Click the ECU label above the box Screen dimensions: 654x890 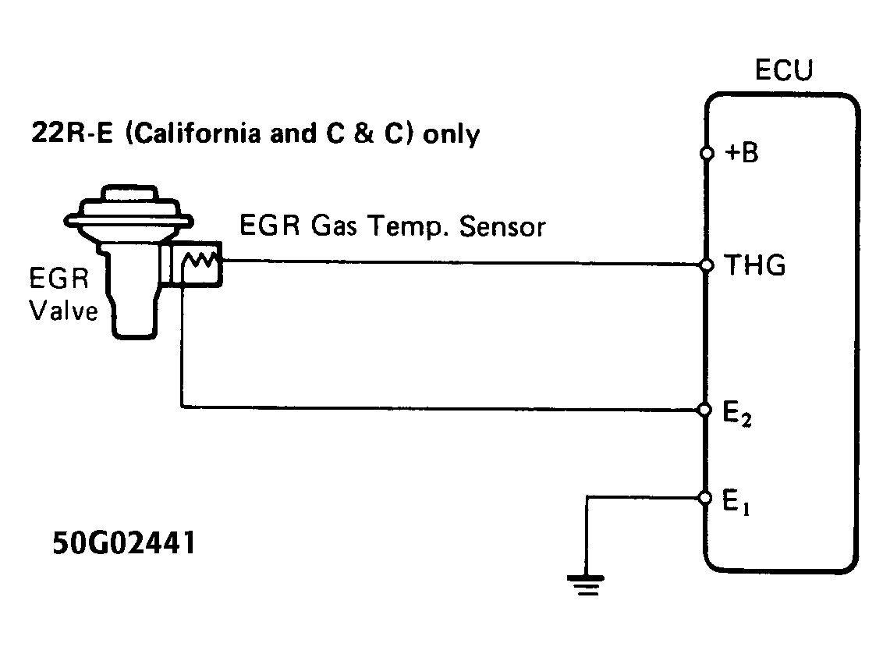pos(783,70)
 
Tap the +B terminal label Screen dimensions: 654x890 pos(741,154)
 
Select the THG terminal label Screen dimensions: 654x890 pos(755,267)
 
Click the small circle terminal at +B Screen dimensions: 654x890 pos(707,154)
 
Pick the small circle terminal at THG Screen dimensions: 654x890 pos(707,266)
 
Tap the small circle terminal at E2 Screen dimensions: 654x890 pos(707,410)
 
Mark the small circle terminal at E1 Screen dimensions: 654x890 pos(707,498)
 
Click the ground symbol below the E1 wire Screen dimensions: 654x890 pos(586,584)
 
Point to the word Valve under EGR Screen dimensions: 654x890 pos(64,311)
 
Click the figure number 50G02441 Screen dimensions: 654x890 pos(124,544)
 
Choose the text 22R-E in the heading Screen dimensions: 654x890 pos(62,134)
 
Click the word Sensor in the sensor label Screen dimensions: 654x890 pos(502,226)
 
